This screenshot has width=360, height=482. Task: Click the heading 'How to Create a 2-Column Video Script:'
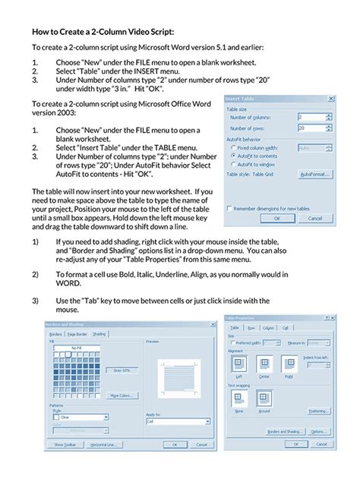tap(103, 32)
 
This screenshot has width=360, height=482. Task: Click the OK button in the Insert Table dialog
tap(276, 217)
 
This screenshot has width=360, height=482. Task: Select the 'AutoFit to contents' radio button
tap(232, 155)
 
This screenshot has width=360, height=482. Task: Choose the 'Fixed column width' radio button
tap(232, 147)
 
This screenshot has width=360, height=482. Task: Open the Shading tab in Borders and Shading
tap(100, 333)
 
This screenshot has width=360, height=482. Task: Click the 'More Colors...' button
tap(123, 395)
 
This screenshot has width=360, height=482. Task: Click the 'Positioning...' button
tap(318, 411)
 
